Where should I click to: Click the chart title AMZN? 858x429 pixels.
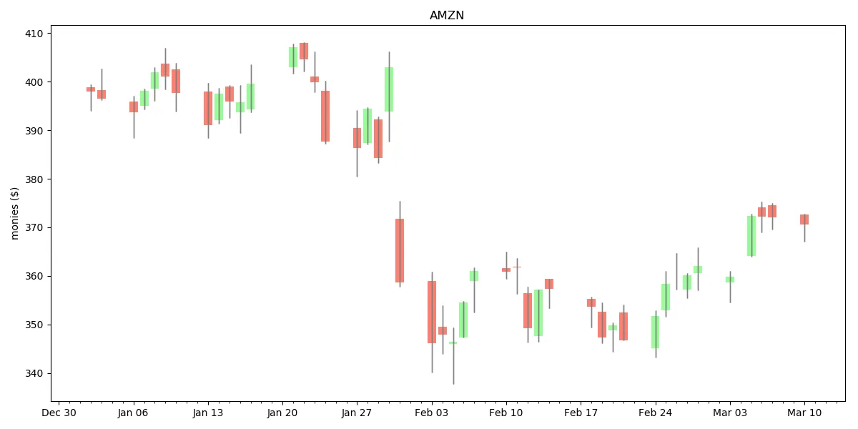[x=447, y=16]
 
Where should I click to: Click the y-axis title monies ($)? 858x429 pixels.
[x=15, y=213]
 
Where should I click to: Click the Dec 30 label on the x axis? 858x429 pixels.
[x=59, y=413]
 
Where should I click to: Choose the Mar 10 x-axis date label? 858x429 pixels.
[x=804, y=413]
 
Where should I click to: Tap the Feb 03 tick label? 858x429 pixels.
[x=432, y=413]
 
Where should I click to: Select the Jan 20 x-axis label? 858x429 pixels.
[x=282, y=413]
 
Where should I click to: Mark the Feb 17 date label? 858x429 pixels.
[x=581, y=413]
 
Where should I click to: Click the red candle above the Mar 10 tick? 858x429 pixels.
[x=804, y=220]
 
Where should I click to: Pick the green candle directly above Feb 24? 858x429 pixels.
[x=655, y=332]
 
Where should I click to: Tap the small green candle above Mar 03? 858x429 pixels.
[x=730, y=280]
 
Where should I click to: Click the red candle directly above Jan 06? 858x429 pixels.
[x=134, y=107]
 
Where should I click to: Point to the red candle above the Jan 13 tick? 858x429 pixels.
[x=208, y=108]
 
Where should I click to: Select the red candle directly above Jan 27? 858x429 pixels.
[x=357, y=138]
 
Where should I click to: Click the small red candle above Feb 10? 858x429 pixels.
[x=506, y=270]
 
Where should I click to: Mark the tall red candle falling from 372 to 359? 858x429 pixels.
[x=400, y=250]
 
